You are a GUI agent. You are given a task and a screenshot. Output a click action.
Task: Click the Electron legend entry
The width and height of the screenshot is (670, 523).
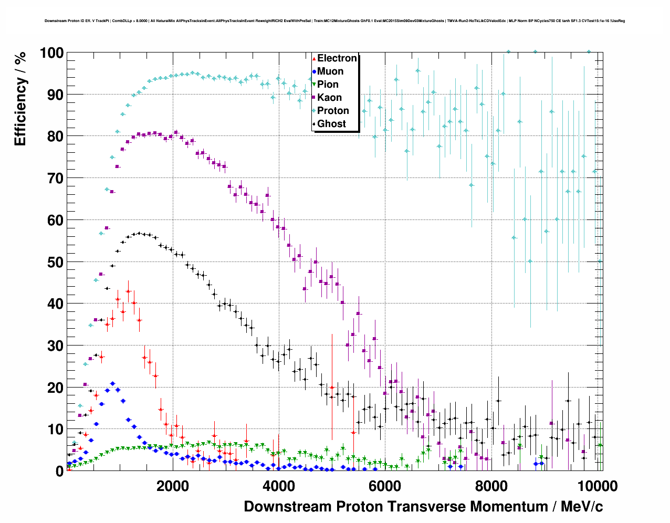(x=337, y=58)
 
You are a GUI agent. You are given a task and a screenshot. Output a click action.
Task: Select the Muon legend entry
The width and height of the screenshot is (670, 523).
(x=330, y=71)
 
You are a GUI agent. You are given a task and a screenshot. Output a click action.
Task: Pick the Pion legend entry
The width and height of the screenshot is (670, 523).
(x=328, y=85)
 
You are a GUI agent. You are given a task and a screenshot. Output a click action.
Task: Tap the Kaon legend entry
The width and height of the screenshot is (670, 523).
(x=329, y=98)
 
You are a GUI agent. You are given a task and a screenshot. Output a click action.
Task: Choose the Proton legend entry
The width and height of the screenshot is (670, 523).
(x=333, y=111)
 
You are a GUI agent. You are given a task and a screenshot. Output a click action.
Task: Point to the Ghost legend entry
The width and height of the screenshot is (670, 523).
(x=331, y=124)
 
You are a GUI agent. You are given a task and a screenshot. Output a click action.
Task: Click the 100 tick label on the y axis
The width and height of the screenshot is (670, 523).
(x=51, y=53)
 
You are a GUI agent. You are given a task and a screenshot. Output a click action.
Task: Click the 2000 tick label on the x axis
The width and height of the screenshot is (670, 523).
(x=172, y=486)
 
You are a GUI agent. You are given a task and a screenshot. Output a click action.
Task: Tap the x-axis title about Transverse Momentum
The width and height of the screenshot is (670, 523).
(x=423, y=507)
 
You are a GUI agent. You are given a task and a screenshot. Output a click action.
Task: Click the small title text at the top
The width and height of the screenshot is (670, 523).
(x=334, y=21)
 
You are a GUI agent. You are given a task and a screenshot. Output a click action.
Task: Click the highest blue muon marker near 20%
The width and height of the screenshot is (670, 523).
(x=112, y=384)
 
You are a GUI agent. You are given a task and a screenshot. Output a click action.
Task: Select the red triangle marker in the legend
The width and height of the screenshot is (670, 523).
(x=314, y=58)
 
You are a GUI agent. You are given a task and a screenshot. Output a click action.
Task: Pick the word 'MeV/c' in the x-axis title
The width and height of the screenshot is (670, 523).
(x=582, y=507)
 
